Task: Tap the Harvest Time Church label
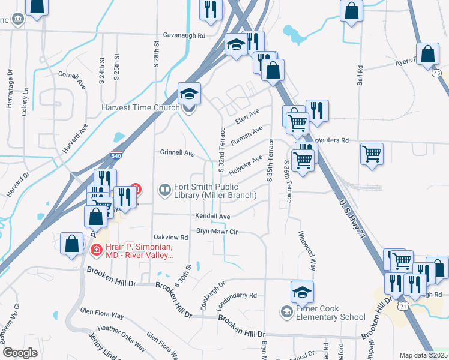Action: (140, 108)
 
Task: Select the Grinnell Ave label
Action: (177, 153)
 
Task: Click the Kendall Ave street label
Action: (212, 216)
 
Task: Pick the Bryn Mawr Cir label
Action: (217, 231)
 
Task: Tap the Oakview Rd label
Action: (171, 238)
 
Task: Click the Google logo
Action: (20, 353)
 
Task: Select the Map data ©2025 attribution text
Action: (423, 355)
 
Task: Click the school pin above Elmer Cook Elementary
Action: (303, 292)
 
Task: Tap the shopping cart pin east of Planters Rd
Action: (372, 154)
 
